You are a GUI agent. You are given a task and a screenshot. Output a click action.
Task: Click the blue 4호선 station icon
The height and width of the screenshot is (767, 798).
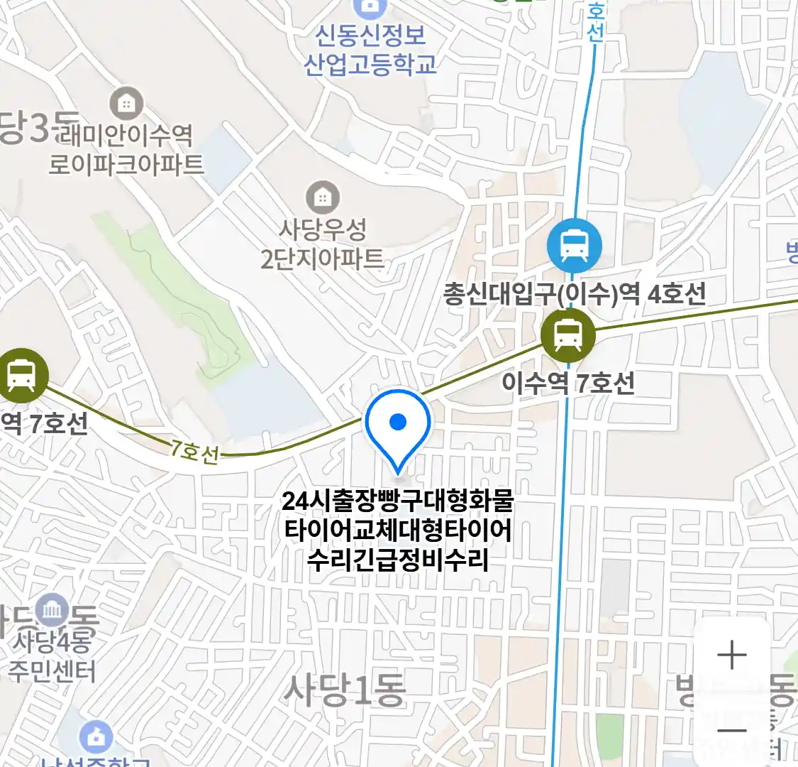(x=574, y=246)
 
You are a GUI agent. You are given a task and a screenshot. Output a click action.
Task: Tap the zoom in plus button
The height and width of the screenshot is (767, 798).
(x=731, y=655)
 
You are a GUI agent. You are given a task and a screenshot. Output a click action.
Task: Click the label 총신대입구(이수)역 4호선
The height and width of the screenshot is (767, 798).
(x=574, y=293)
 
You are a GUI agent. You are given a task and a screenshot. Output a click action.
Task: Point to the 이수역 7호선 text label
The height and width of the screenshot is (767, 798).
(x=567, y=383)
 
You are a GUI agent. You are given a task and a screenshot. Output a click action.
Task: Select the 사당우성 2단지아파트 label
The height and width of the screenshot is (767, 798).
(x=323, y=244)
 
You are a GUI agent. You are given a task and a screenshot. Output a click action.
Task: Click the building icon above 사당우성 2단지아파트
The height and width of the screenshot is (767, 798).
(x=323, y=197)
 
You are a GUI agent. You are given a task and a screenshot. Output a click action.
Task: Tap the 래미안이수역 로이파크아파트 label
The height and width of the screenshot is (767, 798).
(x=126, y=149)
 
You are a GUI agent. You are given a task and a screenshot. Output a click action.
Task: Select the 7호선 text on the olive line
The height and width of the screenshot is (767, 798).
(x=193, y=451)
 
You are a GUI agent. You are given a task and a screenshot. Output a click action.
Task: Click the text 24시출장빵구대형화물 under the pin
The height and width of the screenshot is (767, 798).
(x=397, y=501)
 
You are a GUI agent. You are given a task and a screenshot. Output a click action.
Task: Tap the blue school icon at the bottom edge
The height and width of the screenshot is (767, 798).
(x=96, y=737)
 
